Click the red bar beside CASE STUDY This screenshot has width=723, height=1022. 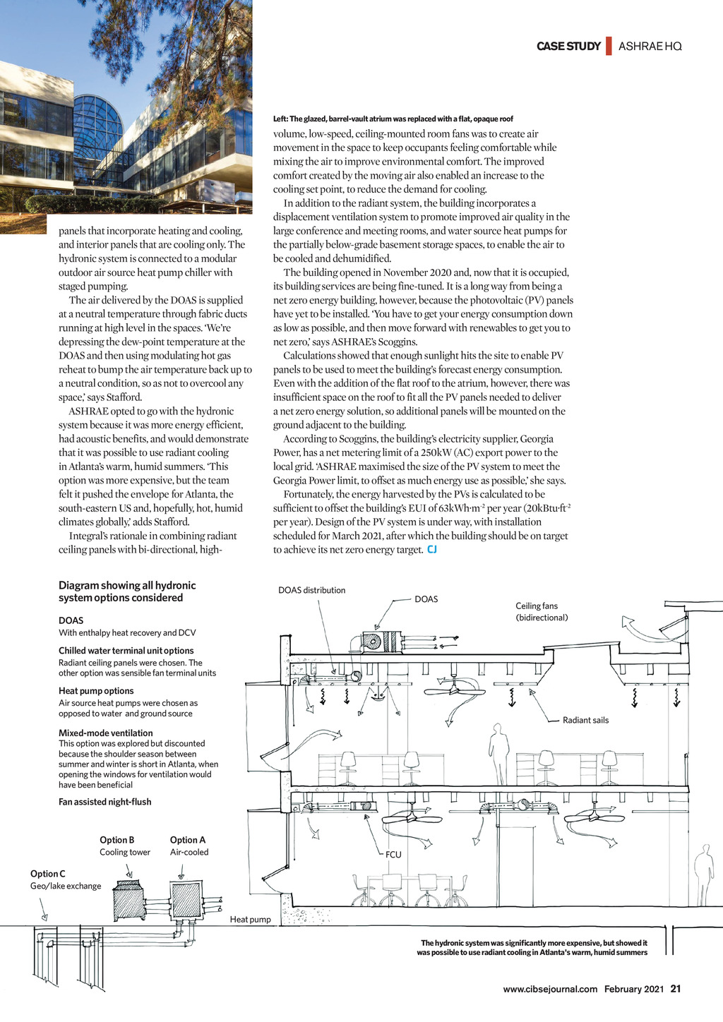click(x=609, y=46)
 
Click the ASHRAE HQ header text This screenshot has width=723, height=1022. click(x=650, y=47)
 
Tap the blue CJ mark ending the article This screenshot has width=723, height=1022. click(x=432, y=550)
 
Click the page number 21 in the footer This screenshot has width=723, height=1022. click(x=676, y=989)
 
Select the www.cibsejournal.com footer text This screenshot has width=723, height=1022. click(x=550, y=989)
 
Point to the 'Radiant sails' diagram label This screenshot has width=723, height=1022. click(x=585, y=721)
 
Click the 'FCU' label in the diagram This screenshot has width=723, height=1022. click(x=393, y=855)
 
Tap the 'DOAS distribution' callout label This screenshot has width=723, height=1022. click(x=311, y=590)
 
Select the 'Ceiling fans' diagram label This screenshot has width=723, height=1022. click(x=537, y=606)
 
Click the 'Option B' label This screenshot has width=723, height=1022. click(x=117, y=840)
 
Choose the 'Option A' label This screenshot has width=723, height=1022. click(x=188, y=840)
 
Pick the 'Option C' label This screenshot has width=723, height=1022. click(x=48, y=874)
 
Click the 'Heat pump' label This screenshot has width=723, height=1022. click(x=250, y=920)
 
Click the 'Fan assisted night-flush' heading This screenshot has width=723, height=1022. click(x=104, y=802)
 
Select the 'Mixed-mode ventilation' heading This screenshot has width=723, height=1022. click(x=106, y=733)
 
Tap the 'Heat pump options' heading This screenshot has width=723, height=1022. click(x=96, y=691)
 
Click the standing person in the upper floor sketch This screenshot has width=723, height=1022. click(x=499, y=754)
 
